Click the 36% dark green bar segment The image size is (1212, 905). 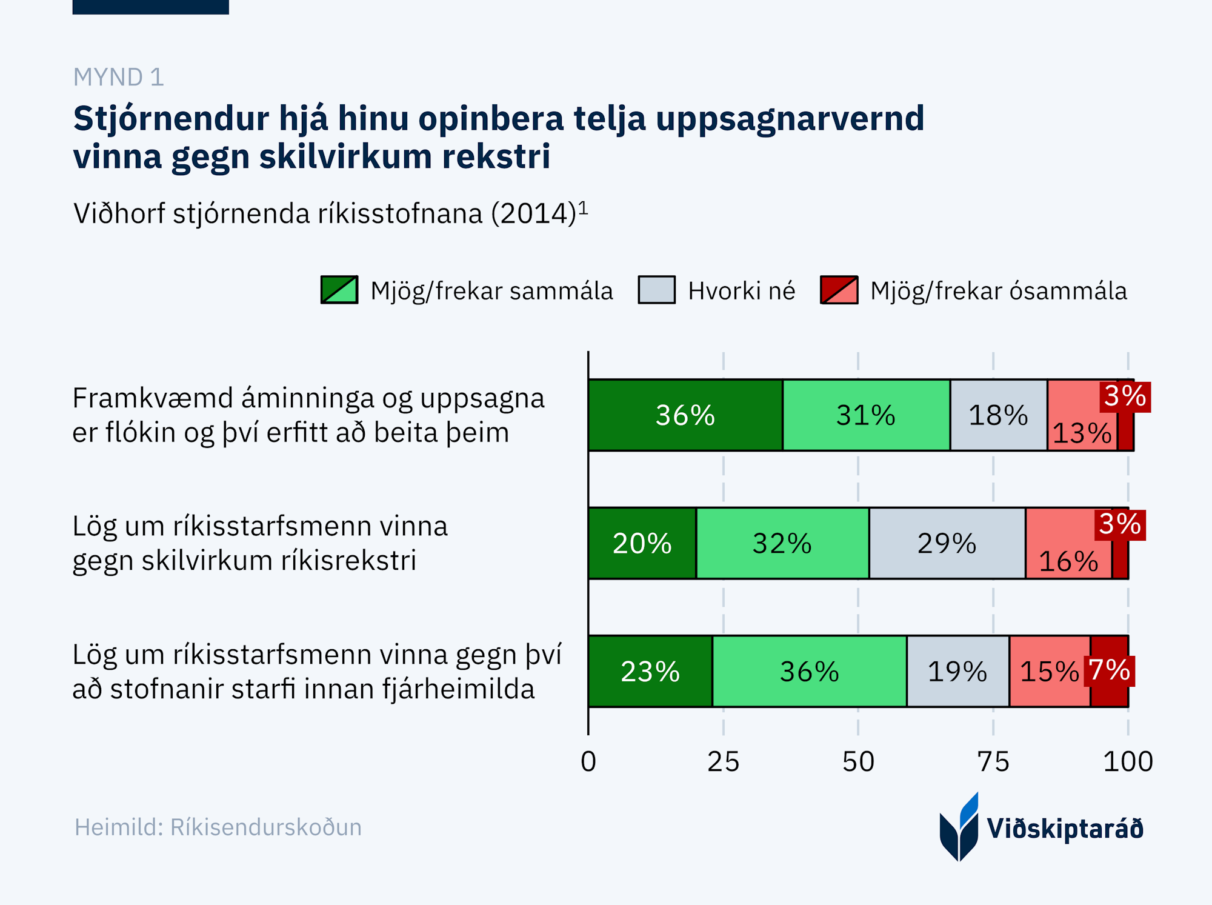pyautogui.click(x=685, y=415)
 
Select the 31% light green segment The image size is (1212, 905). pyautogui.click(x=866, y=415)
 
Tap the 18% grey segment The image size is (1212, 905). pyautogui.click(x=998, y=415)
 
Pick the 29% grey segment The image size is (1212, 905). pyautogui.click(x=947, y=543)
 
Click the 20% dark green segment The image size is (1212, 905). pyautogui.click(x=642, y=543)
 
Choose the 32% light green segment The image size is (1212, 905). pyautogui.click(x=782, y=543)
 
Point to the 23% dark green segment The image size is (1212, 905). pyautogui.click(x=650, y=671)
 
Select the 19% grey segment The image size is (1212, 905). pyautogui.click(x=957, y=671)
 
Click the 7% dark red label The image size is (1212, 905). pyautogui.click(x=1110, y=670)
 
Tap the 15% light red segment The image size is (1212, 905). pyautogui.click(x=1049, y=671)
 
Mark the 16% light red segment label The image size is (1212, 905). pyautogui.click(x=1068, y=561)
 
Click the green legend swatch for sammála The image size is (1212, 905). pyautogui.click(x=339, y=290)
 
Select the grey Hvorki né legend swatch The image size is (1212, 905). pyautogui.click(x=656, y=290)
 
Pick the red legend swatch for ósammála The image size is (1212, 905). pyautogui.click(x=839, y=290)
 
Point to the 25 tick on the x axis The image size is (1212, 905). pyautogui.click(x=723, y=761)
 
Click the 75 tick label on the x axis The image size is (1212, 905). pyautogui.click(x=993, y=761)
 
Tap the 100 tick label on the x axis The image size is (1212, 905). pyautogui.click(x=1127, y=761)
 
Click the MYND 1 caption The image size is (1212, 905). pyautogui.click(x=119, y=77)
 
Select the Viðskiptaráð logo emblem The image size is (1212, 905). pyautogui.click(x=959, y=827)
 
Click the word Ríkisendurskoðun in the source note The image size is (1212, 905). pyautogui.click(x=265, y=827)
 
